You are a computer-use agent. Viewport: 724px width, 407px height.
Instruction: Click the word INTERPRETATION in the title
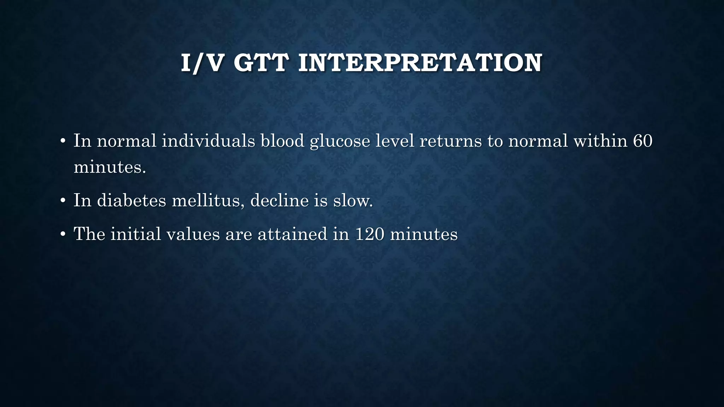[x=420, y=63]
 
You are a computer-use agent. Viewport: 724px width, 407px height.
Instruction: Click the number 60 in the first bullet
[x=642, y=141]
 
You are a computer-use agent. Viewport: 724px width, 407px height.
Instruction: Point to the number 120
[x=369, y=234]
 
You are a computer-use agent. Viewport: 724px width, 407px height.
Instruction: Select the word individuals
[x=209, y=141]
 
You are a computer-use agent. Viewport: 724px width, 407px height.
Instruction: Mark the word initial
[x=136, y=234]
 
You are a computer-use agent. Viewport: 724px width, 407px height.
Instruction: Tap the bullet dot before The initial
[x=63, y=235]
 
